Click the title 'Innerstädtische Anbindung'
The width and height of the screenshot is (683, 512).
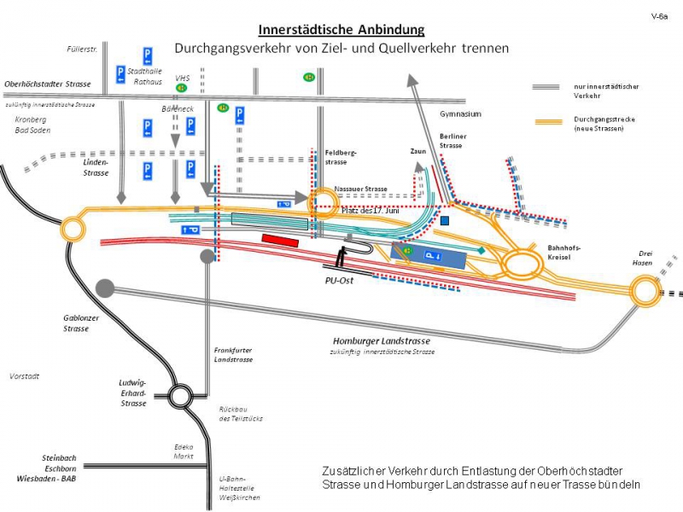pos(341,30)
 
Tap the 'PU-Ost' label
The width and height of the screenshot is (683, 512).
pos(339,279)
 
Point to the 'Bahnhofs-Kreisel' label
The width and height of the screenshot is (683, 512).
pos(563,252)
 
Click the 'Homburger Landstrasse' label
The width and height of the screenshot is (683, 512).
pos(382,341)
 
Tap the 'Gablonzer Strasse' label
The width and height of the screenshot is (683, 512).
pos(75,323)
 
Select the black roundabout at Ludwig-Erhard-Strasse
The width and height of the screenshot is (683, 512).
pos(181,395)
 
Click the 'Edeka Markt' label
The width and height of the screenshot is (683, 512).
pos(183,451)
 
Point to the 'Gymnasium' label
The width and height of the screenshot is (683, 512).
pos(461,113)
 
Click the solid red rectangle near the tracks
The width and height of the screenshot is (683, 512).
pos(280,240)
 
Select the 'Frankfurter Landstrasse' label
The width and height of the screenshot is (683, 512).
pos(233,354)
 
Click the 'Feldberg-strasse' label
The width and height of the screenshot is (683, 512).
pos(341,156)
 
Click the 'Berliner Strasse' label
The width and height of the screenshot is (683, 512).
pos(452,141)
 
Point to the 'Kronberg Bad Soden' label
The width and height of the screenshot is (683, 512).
pos(31,125)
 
